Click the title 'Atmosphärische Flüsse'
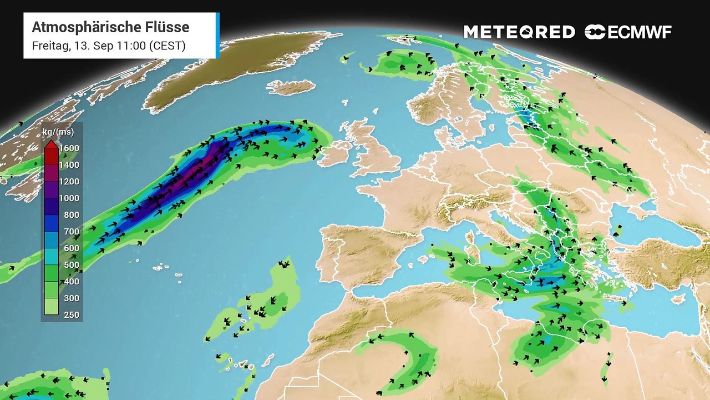point(110,27)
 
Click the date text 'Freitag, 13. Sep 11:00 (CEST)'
point(109,46)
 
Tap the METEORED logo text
point(519,32)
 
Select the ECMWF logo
point(628,32)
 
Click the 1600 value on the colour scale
point(70,148)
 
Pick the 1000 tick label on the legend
point(70,198)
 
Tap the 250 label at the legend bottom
point(71,315)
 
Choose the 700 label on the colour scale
point(71,232)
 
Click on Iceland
point(291,87)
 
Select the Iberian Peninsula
point(361,256)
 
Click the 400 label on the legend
point(71,282)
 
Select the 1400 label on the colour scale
point(70,165)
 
